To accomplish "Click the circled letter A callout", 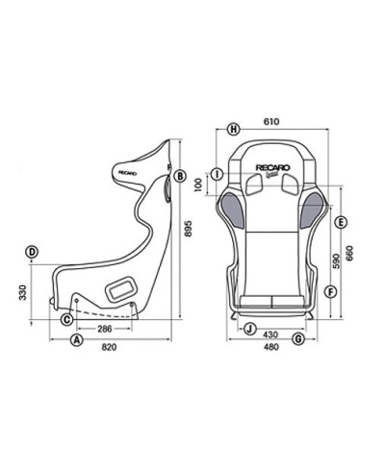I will (x=76, y=340).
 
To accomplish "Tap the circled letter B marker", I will (x=180, y=175).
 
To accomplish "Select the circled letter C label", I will (x=67, y=318).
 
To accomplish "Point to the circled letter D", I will (x=32, y=252).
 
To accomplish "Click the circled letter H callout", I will (x=234, y=127).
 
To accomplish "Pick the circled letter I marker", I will (x=218, y=174).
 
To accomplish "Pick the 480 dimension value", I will (x=273, y=348).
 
